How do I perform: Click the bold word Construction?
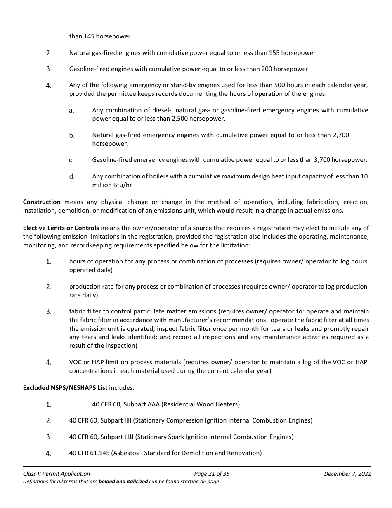coord(42,202)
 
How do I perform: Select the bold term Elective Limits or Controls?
coord(61,228)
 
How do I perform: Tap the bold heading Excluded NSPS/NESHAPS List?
coord(65,388)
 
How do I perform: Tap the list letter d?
coord(72,177)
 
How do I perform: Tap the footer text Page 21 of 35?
coord(212,474)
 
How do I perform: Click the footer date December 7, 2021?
coord(347,474)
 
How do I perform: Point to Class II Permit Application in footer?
coord(57,474)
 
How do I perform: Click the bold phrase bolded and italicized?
coord(123,482)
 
